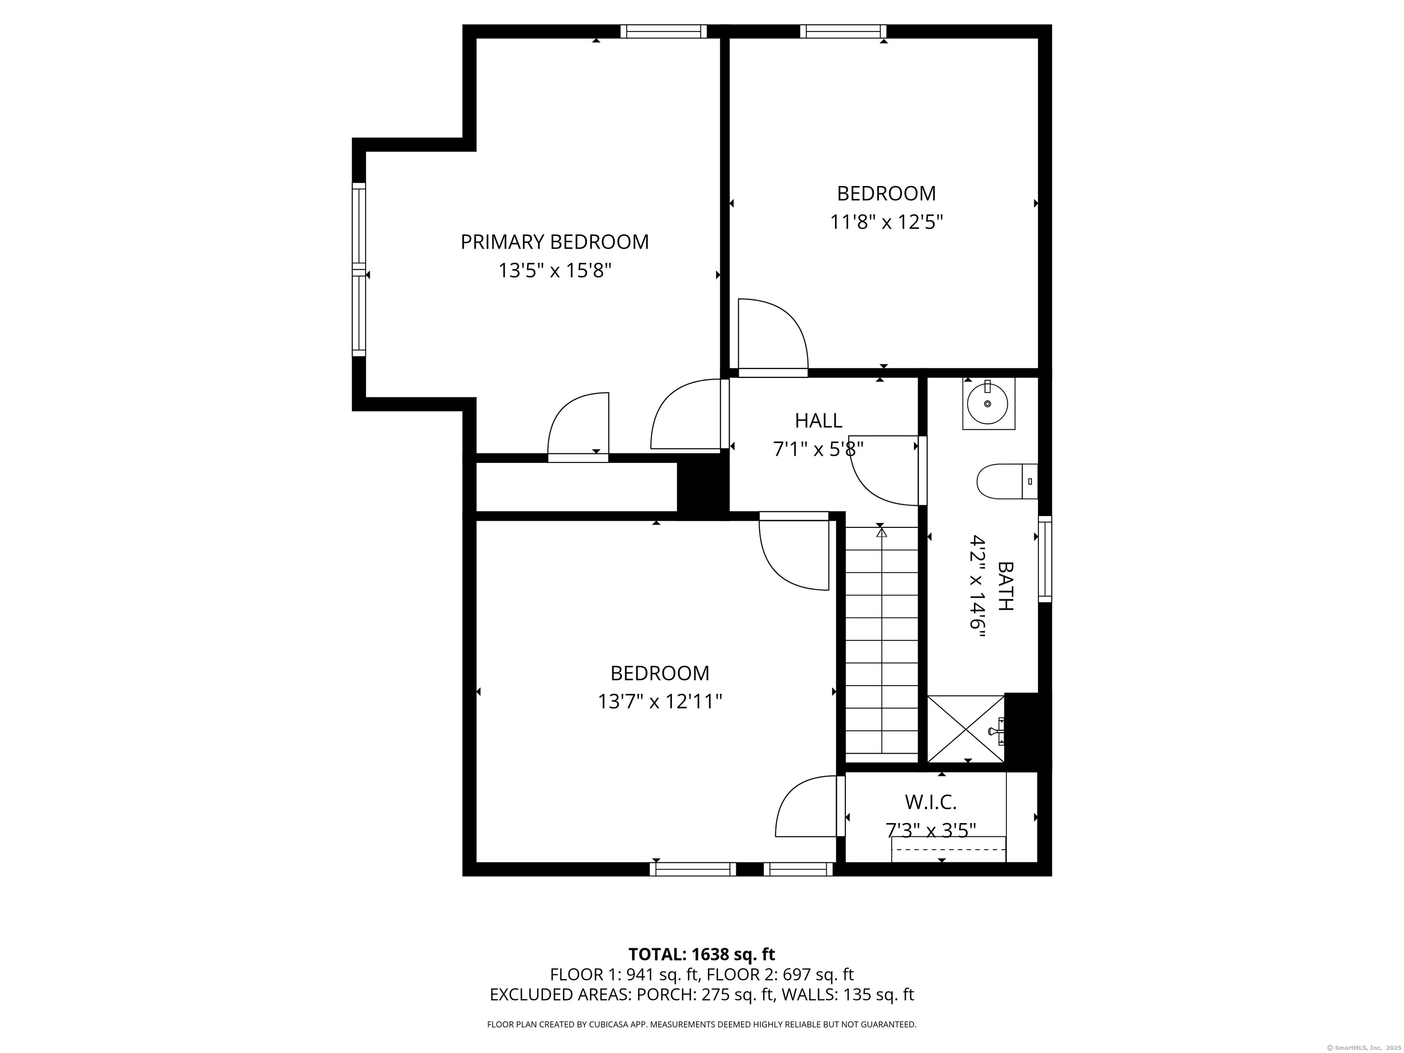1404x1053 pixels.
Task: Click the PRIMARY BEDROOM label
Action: tap(555, 242)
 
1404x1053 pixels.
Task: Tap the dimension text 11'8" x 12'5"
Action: tap(886, 222)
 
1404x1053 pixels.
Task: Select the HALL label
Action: tap(819, 420)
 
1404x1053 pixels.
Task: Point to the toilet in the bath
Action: tap(1007, 481)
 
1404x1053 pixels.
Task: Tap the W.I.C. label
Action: tap(931, 802)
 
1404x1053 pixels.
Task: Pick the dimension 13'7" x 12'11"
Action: tap(660, 702)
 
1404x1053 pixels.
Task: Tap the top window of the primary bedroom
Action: tap(663, 31)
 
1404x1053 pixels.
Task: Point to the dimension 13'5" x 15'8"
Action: tap(555, 271)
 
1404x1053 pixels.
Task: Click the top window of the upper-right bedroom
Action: tap(843, 31)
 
